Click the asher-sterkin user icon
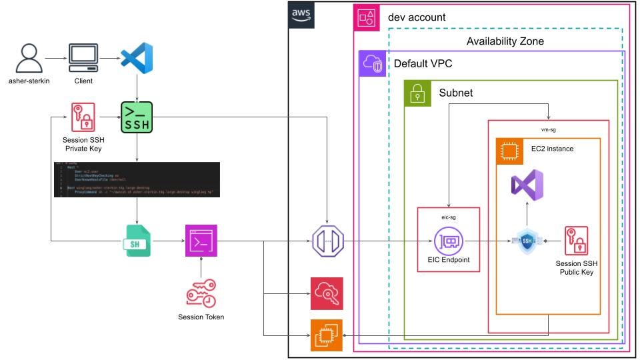28,59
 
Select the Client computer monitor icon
83,59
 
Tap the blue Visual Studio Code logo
137,58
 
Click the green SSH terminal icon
137,117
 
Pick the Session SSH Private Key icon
83,117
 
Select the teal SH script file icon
137,240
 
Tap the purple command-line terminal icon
201,240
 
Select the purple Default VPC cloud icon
372,63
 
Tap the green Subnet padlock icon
417,93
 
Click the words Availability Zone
505,41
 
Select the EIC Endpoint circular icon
448,240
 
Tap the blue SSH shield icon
527,240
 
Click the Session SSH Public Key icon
577,240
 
